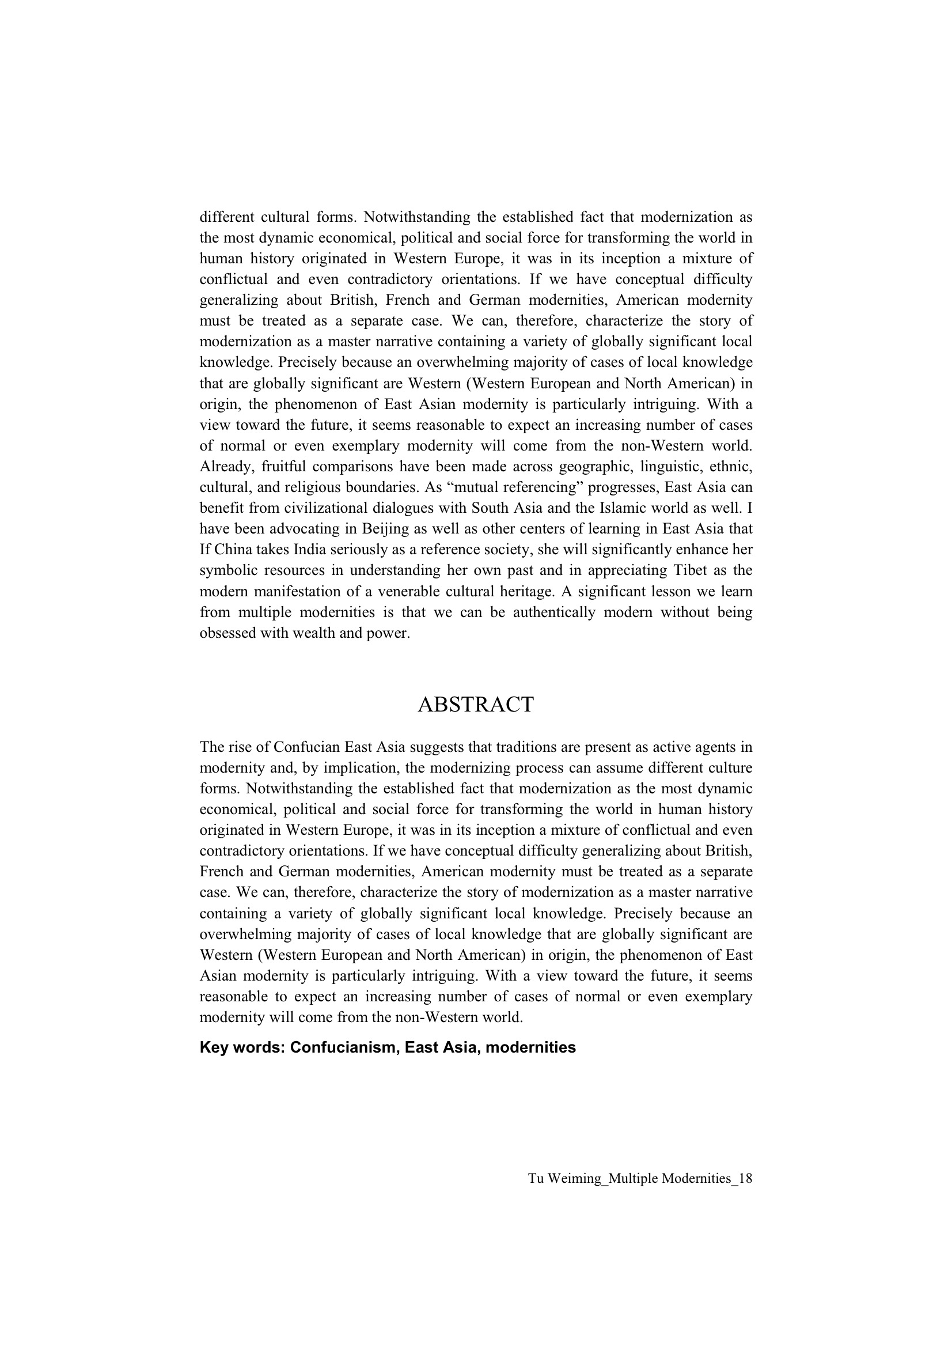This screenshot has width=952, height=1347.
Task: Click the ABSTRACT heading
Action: pyautogui.click(x=476, y=705)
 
